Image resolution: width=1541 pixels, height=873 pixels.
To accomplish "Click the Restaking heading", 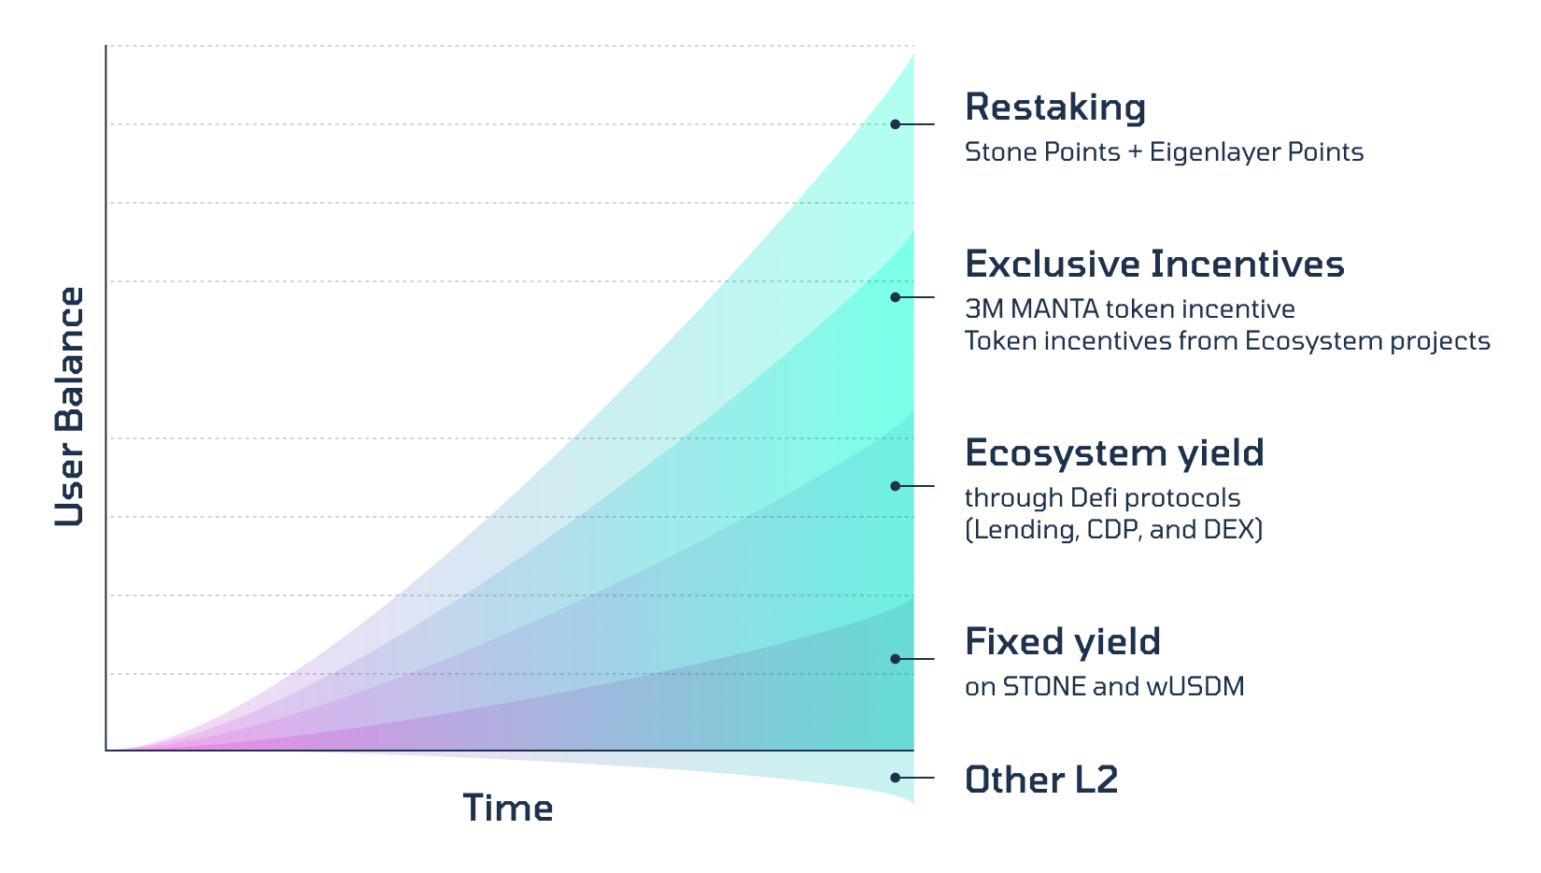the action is click(x=1055, y=107).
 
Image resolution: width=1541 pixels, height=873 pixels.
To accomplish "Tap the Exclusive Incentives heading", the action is click(x=1154, y=264).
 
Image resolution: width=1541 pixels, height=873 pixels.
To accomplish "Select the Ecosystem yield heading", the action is click(x=1114, y=453).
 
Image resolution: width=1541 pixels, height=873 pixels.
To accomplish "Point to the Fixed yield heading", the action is click(x=1063, y=642).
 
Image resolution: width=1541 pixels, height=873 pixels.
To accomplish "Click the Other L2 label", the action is click(x=1041, y=780).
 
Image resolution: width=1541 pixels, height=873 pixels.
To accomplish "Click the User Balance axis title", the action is click(x=69, y=407).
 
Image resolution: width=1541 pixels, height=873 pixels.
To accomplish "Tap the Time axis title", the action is click(x=508, y=808).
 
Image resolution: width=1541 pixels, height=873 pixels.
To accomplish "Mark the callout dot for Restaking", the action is click(x=895, y=124).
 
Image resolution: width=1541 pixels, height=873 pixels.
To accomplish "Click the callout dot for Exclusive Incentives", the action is click(x=895, y=297).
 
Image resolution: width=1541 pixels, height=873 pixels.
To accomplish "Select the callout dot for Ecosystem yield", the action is click(x=895, y=486).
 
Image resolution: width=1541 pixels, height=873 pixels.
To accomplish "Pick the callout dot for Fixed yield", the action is click(x=895, y=659).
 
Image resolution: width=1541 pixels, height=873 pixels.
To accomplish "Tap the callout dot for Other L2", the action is click(x=895, y=778).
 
